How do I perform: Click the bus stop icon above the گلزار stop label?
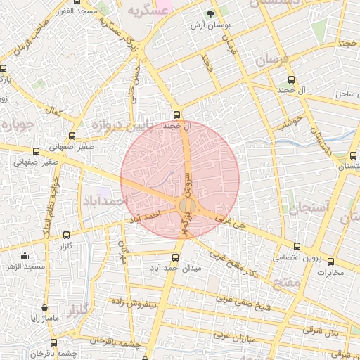click(x=67, y=236)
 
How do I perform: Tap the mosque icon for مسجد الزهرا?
click(x=25, y=255)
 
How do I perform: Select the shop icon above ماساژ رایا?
click(x=45, y=308)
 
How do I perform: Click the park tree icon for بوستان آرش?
click(x=209, y=13)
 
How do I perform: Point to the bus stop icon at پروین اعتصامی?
click(x=297, y=247)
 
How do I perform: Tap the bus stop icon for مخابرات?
click(x=331, y=262)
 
